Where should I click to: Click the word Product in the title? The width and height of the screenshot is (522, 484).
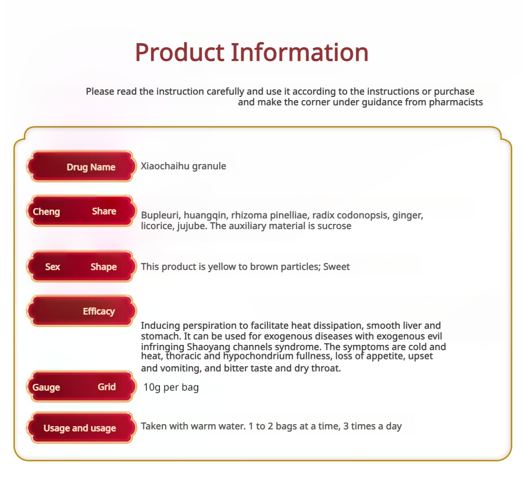(x=180, y=52)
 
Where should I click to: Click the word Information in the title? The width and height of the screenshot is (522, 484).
(x=300, y=52)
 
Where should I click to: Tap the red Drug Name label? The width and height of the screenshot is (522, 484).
(x=82, y=166)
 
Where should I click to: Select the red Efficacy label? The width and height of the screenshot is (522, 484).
(x=82, y=311)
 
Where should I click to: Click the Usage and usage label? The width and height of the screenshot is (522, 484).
(x=82, y=427)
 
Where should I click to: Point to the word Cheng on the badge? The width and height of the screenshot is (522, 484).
(x=46, y=212)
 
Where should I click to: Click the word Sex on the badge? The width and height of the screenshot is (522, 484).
(x=52, y=267)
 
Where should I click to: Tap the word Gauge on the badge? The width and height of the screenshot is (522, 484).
(x=46, y=388)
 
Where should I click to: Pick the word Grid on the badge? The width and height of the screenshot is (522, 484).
(x=107, y=387)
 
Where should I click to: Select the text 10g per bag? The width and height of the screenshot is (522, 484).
(x=171, y=388)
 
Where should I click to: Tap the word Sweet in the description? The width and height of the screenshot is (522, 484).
(x=336, y=267)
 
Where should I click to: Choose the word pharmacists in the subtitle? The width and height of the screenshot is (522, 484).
(x=456, y=102)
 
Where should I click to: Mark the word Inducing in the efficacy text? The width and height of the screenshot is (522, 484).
(x=161, y=325)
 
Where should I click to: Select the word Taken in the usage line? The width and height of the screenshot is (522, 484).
(x=154, y=426)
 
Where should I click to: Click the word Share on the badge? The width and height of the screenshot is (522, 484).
(x=104, y=211)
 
